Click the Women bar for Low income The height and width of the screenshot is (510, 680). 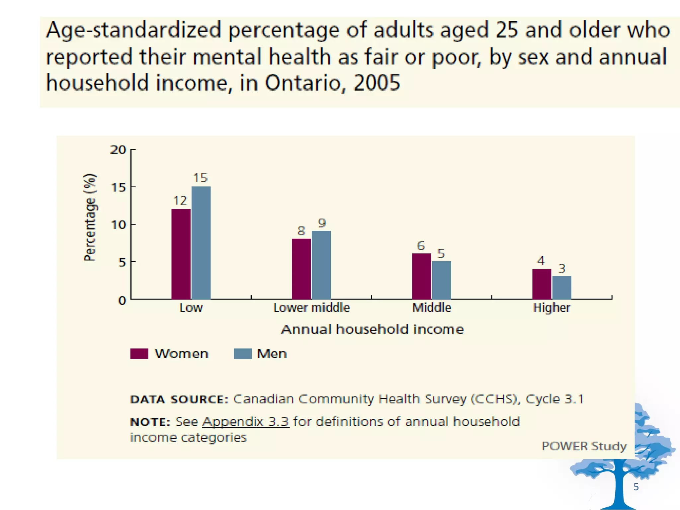pos(181,254)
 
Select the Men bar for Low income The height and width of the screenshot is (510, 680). pos(201,243)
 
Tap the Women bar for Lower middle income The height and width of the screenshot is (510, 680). pos(301,269)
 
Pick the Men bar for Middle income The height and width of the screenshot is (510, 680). pos(441,280)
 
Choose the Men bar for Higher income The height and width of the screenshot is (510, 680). pos(561,288)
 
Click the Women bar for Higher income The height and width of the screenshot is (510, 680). pos(542,284)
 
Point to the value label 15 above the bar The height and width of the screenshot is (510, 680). pos(201,178)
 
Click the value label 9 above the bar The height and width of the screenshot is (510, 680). pos(322,223)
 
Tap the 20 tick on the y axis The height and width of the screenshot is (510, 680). pos(118,150)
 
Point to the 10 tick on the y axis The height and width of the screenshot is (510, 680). pos(118,225)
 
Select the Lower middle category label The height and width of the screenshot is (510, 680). pos(311,308)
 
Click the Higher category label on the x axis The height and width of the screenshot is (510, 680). pos(552,308)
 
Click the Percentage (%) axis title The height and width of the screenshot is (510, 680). pos(90,217)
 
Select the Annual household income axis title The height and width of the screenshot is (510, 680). pos(372,329)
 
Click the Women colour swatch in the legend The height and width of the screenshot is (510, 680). pos(139,354)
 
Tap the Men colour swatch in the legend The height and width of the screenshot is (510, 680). pos(242,354)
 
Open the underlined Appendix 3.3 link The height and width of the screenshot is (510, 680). pos(246,422)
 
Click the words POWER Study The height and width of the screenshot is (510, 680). pos(584,446)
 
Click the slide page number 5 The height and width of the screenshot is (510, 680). pos(636,487)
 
